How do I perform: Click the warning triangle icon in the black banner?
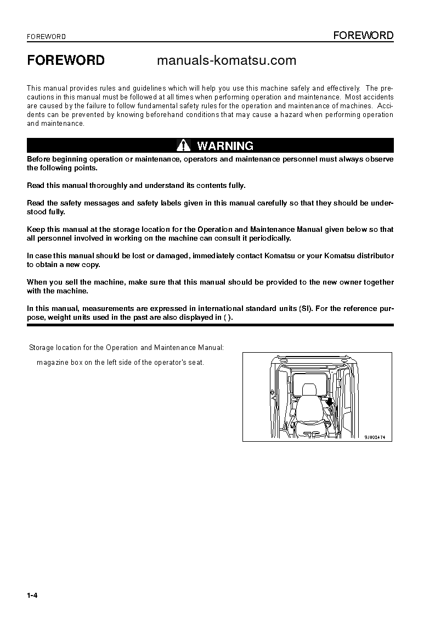(x=183, y=146)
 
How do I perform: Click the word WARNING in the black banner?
(x=225, y=146)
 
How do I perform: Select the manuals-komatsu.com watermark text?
(x=227, y=60)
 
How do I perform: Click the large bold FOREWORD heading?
(x=66, y=60)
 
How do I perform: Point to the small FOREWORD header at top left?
(x=47, y=37)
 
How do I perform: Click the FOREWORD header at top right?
(x=364, y=36)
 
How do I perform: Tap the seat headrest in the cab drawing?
(x=309, y=390)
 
